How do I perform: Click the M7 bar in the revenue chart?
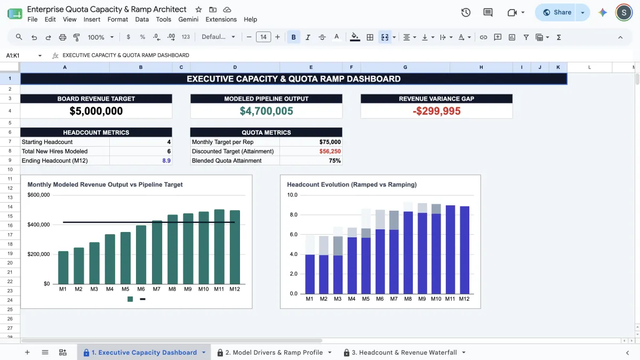click(157, 252)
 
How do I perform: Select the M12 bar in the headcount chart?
click(465, 250)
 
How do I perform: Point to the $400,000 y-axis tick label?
click(38, 225)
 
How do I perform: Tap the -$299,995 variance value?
click(437, 111)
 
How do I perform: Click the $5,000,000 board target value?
click(96, 111)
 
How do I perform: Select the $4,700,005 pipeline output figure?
click(266, 111)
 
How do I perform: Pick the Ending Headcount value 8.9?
click(166, 161)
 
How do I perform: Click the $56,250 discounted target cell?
click(330, 151)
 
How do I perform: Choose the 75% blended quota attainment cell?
click(334, 161)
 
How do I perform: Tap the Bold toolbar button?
click(293, 37)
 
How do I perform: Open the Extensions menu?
click(221, 19)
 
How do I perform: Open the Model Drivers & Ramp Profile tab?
click(274, 353)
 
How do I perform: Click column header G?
click(405, 67)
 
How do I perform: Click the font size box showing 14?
click(263, 37)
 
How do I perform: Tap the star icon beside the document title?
click(198, 10)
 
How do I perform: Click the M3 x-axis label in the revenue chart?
click(94, 289)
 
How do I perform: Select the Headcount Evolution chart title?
click(351, 185)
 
